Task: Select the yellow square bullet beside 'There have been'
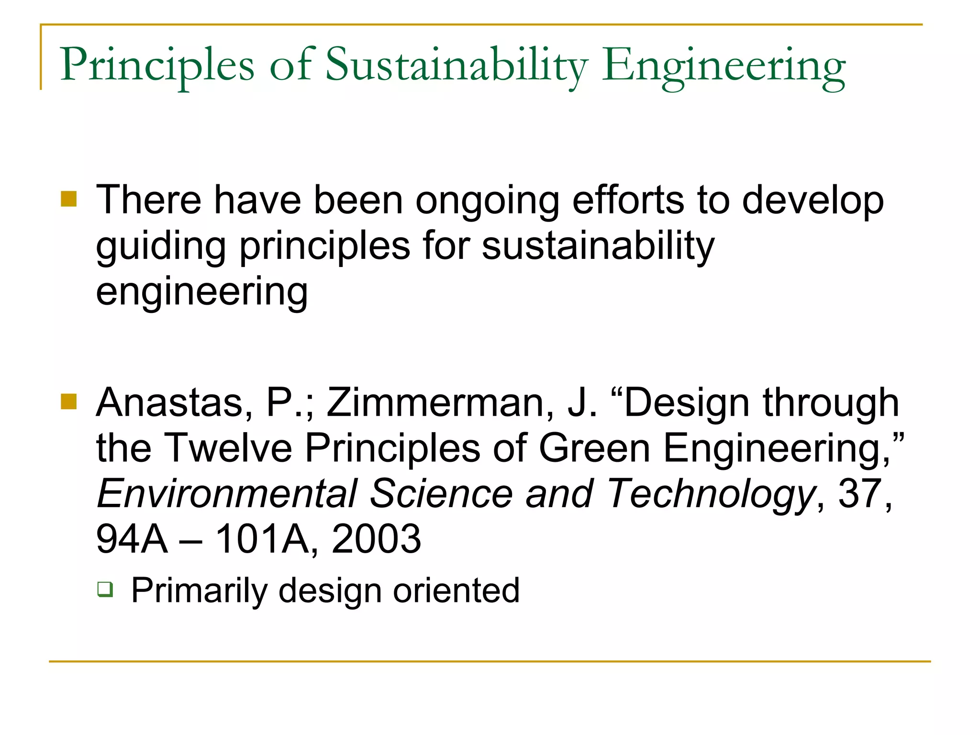tap(69, 199)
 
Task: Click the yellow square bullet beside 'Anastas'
tap(69, 402)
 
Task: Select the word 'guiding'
tap(161, 247)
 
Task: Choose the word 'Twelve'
tap(228, 448)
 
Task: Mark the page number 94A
tap(132, 539)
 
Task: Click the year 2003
tap(376, 539)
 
